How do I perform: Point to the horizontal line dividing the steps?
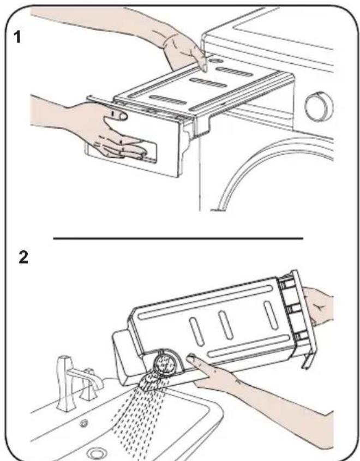coord(177,238)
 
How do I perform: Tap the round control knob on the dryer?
coord(315,105)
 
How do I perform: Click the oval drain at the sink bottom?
coord(97,452)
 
